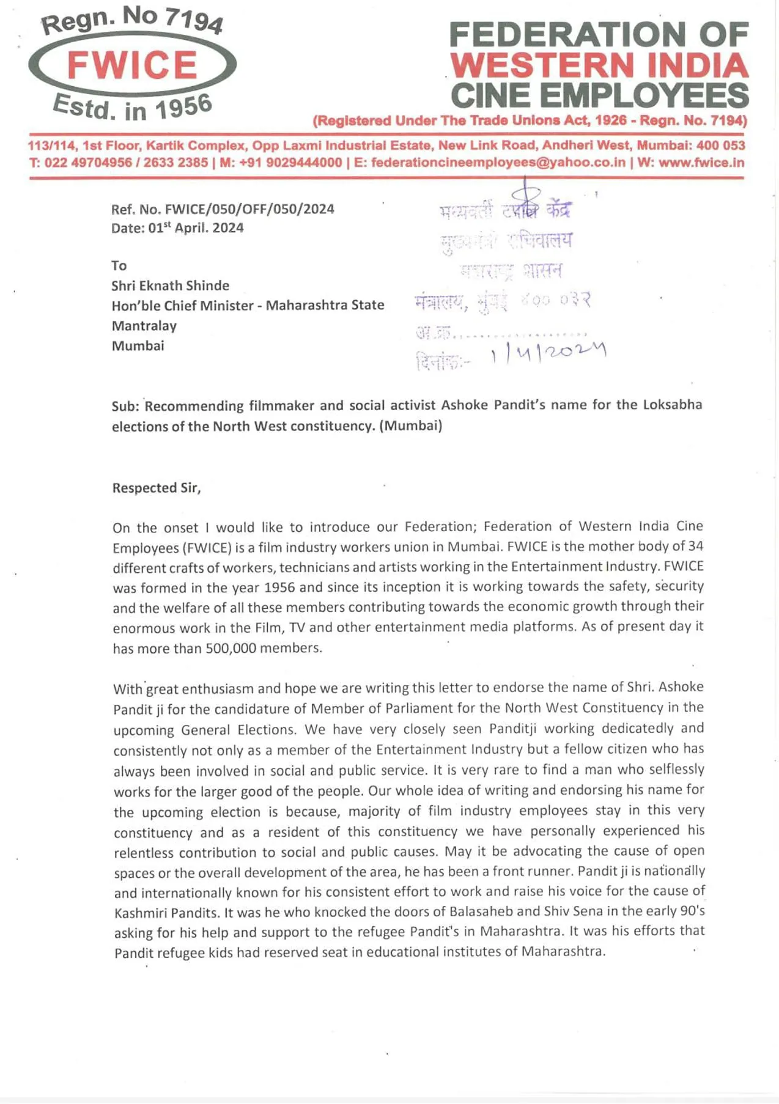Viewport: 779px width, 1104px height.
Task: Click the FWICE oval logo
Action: (132, 65)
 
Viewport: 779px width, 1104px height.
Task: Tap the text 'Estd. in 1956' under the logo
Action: (132, 108)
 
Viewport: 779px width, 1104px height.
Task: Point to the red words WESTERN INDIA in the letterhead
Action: (599, 65)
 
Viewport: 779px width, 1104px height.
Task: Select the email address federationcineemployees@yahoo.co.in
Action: (498, 163)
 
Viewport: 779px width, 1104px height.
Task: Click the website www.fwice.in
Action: (701, 163)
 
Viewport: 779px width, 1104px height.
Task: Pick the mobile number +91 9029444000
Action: (290, 163)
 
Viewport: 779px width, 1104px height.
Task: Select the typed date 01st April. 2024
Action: (196, 228)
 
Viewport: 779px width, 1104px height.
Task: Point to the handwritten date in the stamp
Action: (548, 353)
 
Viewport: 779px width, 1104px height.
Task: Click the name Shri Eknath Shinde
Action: (170, 285)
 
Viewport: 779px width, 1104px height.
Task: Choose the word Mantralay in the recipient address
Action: (144, 326)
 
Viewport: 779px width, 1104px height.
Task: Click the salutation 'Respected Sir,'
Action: (157, 488)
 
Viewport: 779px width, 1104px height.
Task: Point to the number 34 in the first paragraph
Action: (695, 546)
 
